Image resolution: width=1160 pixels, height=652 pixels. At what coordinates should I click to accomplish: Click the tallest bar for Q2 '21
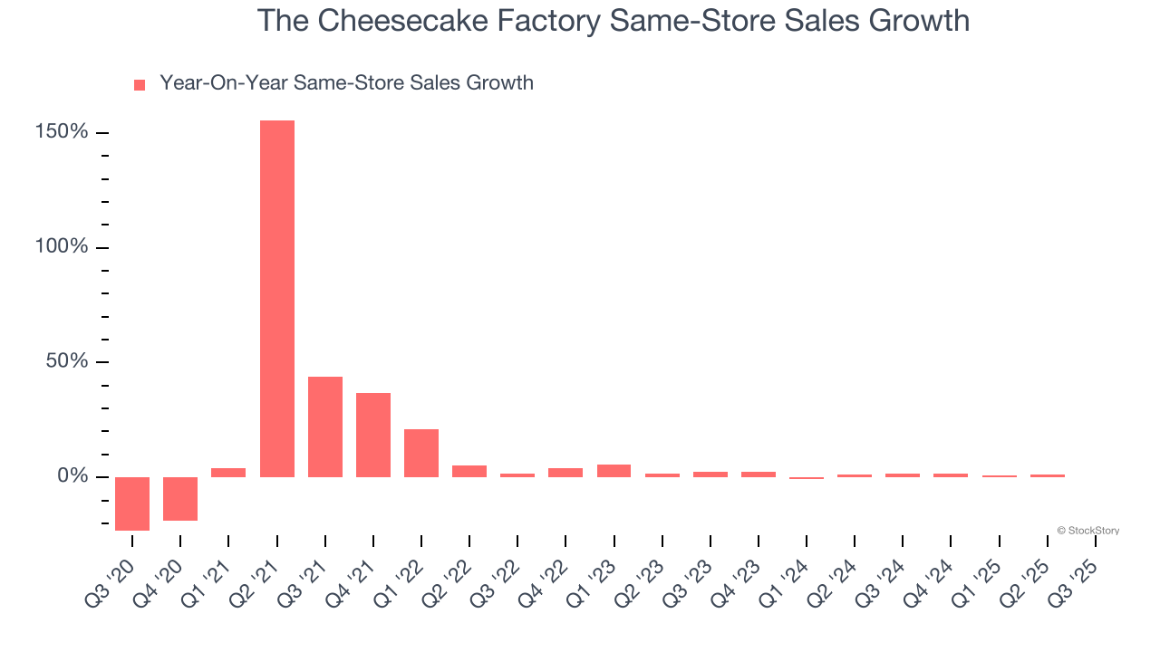(x=277, y=299)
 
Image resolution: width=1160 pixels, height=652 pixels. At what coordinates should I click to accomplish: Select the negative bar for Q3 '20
(x=132, y=503)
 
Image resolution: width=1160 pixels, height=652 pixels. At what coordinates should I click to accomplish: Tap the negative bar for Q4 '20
(x=180, y=498)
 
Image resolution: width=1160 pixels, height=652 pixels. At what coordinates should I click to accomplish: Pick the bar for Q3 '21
(x=325, y=427)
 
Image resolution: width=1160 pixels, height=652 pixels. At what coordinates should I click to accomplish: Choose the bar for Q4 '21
(x=373, y=435)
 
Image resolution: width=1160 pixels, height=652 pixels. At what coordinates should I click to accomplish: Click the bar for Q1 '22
(x=421, y=453)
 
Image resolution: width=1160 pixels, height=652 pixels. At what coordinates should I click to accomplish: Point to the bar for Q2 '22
(x=469, y=471)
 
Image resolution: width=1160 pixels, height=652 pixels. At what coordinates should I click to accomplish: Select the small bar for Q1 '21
(x=228, y=472)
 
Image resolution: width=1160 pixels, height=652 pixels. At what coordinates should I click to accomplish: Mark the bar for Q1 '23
(x=614, y=471)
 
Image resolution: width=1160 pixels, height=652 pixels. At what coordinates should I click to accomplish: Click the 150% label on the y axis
(x=62, y=133)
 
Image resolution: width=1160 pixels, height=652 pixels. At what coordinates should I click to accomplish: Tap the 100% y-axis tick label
(x=62, y=247)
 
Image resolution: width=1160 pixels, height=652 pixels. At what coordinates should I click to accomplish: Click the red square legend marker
(x=140, y=85)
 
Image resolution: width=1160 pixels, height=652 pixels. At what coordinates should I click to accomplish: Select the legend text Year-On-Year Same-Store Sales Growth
(x=346, y=83)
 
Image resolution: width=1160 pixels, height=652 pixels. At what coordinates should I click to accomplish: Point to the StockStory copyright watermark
(x=1087, y=531)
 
